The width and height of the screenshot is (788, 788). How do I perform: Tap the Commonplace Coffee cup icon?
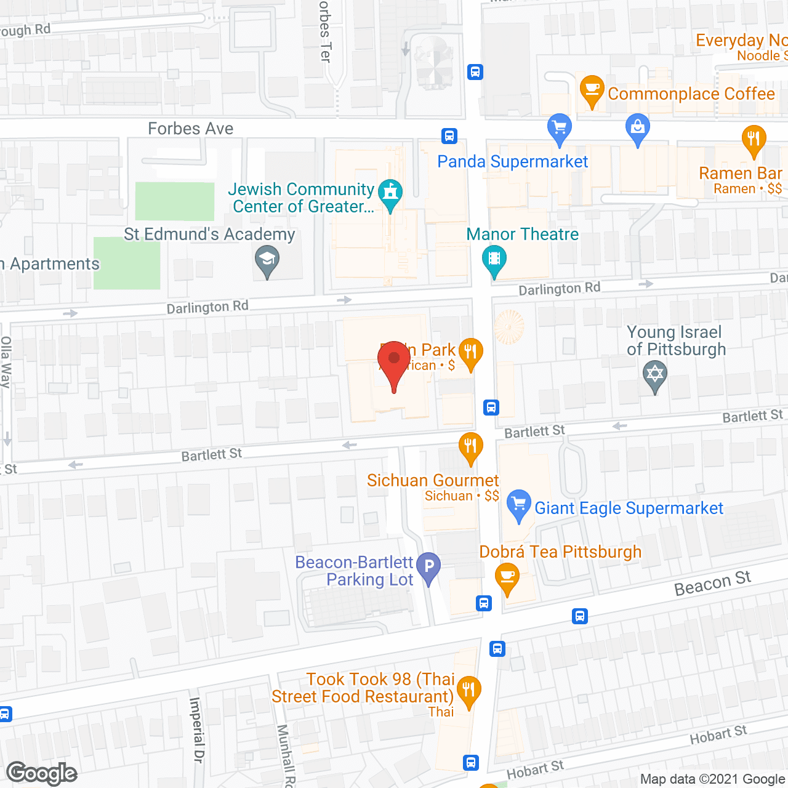(592, 90)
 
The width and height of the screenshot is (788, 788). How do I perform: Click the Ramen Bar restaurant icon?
(754, 139)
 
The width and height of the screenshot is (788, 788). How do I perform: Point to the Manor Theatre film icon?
(494, 259)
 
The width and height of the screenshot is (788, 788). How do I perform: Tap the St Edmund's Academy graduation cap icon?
(267, 259)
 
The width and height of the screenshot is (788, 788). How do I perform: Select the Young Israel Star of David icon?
(655, 374)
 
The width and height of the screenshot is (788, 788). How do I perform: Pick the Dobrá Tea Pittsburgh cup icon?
(507, 577)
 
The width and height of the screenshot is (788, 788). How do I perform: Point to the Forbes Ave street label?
(191, 129)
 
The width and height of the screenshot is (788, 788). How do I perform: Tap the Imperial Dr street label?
(196, 730)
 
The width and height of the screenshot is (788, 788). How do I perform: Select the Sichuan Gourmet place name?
(433, 480)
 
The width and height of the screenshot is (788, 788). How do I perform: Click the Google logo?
(42, 773)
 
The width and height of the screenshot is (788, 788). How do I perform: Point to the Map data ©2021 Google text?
(713, 779)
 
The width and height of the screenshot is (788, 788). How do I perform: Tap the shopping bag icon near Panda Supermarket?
(638, 128)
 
